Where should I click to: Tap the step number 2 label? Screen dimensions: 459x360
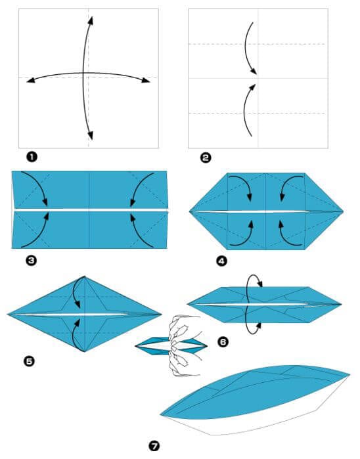coord(206,157)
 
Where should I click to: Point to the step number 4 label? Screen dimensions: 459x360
coord(221,261)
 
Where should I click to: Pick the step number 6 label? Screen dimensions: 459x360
coord(223,341)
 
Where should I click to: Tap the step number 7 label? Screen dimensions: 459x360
coord(154,446)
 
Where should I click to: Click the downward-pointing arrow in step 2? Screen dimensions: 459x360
coord(250,49)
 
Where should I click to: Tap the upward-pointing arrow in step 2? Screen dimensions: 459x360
coord(248,109)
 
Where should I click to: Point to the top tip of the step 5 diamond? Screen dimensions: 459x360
coord(85,276)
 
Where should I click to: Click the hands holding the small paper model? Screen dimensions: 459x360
coord(179,346)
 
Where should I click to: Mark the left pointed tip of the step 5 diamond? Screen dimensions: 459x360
coord(9,315)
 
